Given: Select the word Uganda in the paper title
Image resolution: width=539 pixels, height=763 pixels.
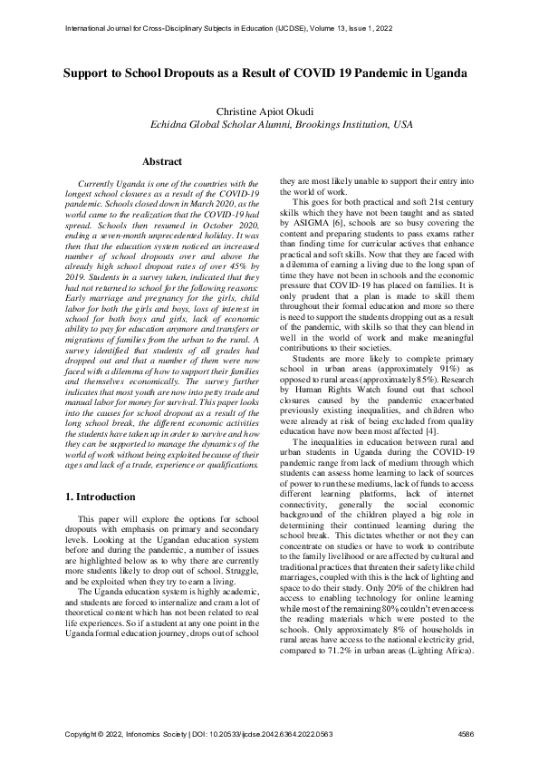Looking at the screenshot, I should [442, 72].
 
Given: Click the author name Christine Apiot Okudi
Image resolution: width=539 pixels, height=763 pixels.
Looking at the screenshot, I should [269, 110].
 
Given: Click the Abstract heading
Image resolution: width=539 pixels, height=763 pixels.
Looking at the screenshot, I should [162, 161].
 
